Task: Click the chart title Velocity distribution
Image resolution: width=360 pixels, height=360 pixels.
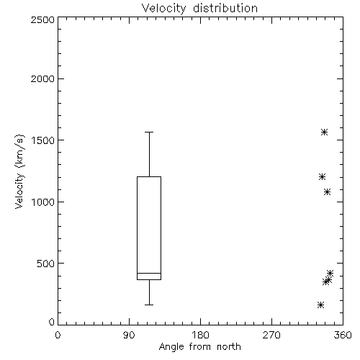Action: [x=199, y=8]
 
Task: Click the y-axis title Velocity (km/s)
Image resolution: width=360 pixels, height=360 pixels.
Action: [x=19, y=171]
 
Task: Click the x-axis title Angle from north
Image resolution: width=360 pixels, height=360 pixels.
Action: [x=199, y=347]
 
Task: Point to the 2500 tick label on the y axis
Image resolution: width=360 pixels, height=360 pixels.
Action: [x=42, y=19]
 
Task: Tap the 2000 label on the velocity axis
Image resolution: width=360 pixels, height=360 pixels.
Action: [x=42, y=78]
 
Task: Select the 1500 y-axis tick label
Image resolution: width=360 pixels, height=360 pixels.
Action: [x=43, y=140]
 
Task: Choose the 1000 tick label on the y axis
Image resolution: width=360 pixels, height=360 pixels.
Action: [x=43, y=202]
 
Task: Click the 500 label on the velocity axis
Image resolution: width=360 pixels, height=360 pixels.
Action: [x=46, y=264]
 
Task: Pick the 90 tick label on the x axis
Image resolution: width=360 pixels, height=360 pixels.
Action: [x=129, y=335]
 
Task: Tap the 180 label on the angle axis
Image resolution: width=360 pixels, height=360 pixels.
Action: [x=200, y=335]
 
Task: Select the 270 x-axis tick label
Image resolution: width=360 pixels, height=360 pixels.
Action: [x=271, y=335]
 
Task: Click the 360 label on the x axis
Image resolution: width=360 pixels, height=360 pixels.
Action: [x=343, y=335]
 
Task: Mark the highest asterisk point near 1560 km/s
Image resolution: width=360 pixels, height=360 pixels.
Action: [x=325, y=132]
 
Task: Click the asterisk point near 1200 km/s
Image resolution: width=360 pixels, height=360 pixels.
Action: [x=322, y=177]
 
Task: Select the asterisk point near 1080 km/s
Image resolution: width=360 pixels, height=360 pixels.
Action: [x=328, y=192]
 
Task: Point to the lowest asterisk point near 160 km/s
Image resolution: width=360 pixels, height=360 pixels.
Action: [x=320, y=305]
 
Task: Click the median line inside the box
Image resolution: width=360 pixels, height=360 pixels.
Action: [x=149, y=273]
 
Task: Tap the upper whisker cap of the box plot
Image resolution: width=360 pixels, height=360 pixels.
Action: [x=149, y=132]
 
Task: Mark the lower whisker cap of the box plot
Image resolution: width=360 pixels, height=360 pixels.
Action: [x=149, y=305]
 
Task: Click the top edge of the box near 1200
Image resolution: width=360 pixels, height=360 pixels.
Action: [x=149, y=177]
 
